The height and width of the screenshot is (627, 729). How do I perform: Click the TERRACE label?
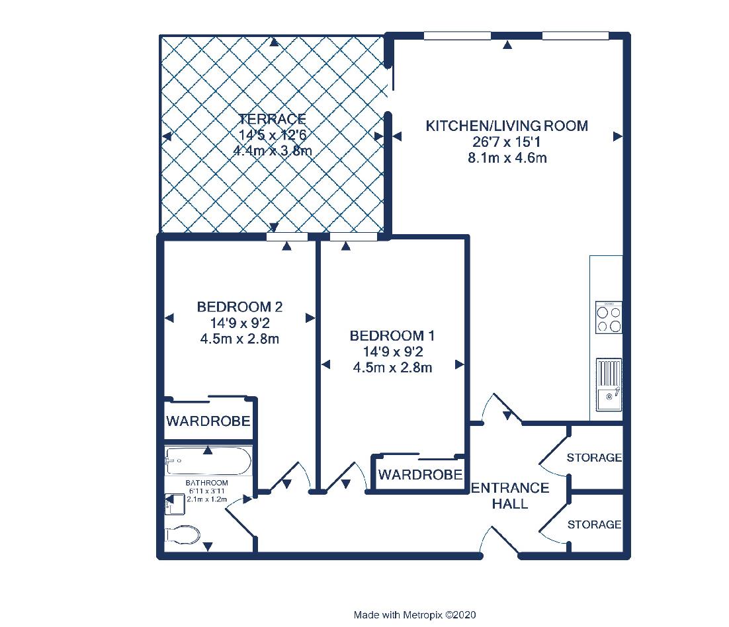(x=273, y=119)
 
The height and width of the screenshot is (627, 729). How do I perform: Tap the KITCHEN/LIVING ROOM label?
(x=507, y=126)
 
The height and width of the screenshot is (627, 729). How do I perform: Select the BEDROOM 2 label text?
(x=239, y=307)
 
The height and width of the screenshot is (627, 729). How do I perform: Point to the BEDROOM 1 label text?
(x=392, y=335)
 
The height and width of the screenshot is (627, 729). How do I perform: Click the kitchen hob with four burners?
(x=609, y=317)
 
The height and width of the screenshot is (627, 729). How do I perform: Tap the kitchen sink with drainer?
(x=609, y=384)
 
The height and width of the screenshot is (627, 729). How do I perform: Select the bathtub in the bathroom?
(x=208, y=461)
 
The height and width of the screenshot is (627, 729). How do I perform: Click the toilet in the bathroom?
(x=183, y=534)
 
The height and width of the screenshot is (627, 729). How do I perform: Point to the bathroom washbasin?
(x=175, y=504)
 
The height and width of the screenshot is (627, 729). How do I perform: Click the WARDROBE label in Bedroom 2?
(x=208, y=421)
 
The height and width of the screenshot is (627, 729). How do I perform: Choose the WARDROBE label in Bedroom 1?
(x=420, y=475)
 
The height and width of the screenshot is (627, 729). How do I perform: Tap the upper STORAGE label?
(x=594, y=458)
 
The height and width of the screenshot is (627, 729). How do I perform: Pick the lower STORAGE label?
(x=594, y=524)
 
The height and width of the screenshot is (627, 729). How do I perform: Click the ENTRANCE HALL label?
(x=510, y=496)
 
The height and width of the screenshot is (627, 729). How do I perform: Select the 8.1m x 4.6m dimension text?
(x=507, y=158)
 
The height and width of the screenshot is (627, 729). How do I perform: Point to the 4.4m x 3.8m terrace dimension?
(x=273, y=151)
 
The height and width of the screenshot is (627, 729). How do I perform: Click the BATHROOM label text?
(x=207, y=483)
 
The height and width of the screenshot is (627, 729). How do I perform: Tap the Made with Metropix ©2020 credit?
(x=415, y=615)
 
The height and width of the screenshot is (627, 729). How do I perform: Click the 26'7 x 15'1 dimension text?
(x=507, y=142)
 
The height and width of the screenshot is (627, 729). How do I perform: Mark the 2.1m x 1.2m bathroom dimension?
(x=207, y=499)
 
